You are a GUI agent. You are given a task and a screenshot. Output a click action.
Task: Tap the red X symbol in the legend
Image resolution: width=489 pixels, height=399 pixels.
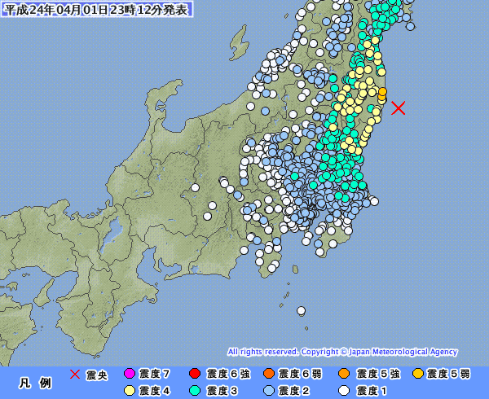(75, 375)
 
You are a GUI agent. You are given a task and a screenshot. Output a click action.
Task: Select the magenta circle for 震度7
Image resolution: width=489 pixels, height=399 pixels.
(128, 375)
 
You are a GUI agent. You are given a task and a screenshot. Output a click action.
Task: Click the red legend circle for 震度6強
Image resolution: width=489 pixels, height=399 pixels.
(195, 375)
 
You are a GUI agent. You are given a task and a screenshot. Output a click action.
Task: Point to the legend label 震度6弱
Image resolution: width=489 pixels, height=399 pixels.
(294, 375)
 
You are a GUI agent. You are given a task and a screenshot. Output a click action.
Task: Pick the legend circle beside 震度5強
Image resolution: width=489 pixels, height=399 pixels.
(345, 375)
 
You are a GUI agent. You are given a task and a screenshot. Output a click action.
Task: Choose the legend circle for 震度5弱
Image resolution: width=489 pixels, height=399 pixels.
(418, 375)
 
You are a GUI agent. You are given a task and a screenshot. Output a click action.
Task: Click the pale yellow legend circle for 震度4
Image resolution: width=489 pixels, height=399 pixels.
(128, 391)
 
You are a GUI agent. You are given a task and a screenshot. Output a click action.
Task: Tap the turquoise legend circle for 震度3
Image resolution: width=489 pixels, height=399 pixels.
(195, 391)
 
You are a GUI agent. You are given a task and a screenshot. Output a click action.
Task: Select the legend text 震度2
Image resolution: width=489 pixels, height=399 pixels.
(294, 391)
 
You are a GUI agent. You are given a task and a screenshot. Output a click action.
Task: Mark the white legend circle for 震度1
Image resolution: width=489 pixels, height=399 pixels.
(345, 391)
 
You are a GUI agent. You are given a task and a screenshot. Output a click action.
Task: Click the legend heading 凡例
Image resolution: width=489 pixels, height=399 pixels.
(34, 383)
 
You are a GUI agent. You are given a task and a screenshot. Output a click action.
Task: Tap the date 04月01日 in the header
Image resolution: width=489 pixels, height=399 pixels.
(82, 10)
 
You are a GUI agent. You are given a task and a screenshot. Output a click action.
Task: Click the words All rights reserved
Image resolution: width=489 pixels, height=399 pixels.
(262, 352)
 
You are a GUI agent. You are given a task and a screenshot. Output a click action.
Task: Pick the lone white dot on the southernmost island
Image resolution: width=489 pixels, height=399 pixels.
(301, 309)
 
